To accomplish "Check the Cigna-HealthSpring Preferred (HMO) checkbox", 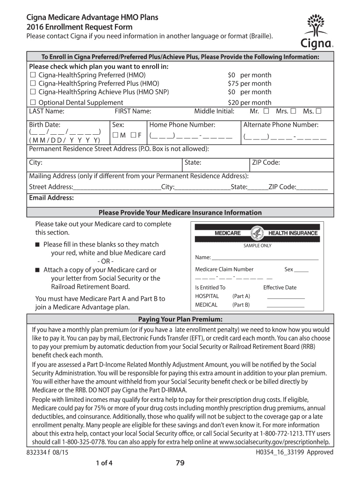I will (x=33, y=75).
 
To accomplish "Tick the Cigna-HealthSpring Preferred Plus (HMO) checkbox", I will (x=33, y=84).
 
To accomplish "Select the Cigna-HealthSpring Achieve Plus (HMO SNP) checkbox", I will (x=33, y=92).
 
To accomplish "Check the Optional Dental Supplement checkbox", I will (x=33, y=103).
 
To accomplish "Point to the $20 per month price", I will (x=249, y=103).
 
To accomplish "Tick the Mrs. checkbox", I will (x=293, y=111).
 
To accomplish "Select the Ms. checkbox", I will (x=318, y=111).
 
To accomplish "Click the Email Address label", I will (x=51, y=198).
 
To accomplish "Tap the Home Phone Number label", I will (x=182, y=125).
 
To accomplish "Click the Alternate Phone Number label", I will (x=281, y=125).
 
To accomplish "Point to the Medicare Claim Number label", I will (x=224, y=269).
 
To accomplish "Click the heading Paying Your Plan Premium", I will (x=180, y=319).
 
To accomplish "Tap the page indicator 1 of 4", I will (x=104, y=464).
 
